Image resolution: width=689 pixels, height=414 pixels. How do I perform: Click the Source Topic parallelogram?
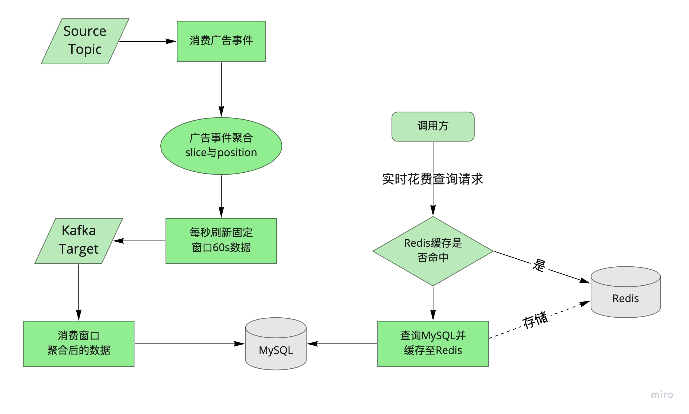tap(85, 41)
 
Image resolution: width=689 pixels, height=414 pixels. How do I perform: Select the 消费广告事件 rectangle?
tap(221, 41)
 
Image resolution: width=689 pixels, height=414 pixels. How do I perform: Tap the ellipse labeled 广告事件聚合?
tap(221, 146)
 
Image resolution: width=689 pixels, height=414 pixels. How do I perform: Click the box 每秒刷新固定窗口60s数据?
tap(221, 241)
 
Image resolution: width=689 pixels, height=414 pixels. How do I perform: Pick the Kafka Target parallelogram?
tap(79, 241)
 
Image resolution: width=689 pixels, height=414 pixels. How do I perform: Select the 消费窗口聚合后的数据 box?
tap(79, 344)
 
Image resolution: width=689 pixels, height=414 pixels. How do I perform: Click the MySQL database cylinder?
tap(276, 346)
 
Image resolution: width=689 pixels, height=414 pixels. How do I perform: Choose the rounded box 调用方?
tap(433, 127)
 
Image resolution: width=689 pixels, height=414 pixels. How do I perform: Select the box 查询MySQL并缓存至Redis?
tap(433, 344)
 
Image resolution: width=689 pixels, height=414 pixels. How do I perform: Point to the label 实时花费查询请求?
tap(432, 179)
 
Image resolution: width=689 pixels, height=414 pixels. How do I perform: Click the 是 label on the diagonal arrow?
tap(539, 265)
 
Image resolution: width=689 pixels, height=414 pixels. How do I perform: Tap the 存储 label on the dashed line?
tap(535, 320)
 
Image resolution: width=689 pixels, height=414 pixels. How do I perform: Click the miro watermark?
tap(662, 395)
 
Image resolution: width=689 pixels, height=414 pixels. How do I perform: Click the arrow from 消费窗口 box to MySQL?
tap(187, 344)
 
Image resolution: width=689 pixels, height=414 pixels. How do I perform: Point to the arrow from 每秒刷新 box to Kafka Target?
tap(141, 241)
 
